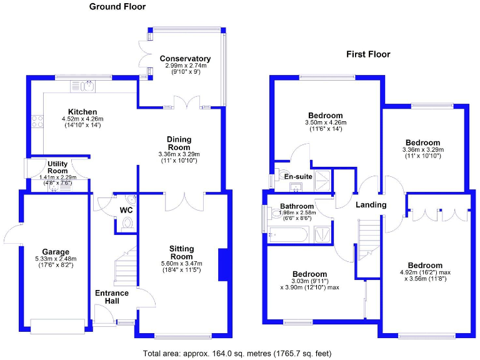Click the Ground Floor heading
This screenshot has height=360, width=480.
point(117,7)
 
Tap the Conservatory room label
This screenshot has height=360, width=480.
point(184,59)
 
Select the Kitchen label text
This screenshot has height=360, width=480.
point(81,111)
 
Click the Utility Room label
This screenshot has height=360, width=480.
point(57,167)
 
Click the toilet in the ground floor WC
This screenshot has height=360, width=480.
point(127,223)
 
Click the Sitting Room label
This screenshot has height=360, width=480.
point(182,252)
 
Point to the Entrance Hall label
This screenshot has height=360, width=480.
point(112,297)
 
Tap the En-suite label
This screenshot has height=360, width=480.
point(298,177)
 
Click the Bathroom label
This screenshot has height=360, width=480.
point(296,206)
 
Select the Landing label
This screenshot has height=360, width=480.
point(371,204)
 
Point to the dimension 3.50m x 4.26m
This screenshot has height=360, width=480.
point(324,122)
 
